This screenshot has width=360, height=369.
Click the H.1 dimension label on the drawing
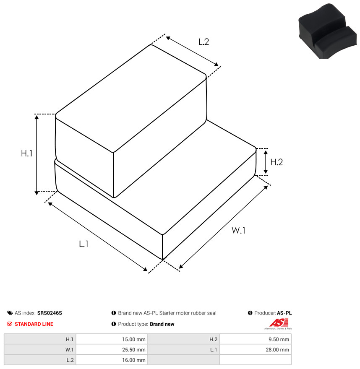(x=26, y=153)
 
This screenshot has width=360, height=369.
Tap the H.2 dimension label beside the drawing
(x=277, y=162)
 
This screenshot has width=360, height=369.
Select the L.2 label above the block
(x=203, y=42)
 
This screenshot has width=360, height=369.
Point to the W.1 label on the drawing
(x=238, y=230)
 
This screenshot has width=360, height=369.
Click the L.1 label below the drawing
(x=83, y=244)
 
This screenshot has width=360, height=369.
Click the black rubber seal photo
(x=328, y=31)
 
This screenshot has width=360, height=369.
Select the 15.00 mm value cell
(x=112, y=339)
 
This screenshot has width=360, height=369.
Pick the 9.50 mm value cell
(x=256, y=339)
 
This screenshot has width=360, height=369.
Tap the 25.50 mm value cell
(x=112, y=350)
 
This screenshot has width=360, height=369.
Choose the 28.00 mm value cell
(x=256, y=350)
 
